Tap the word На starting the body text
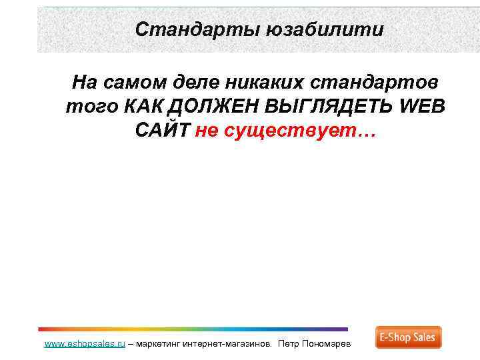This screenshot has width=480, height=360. (x=84, y=83)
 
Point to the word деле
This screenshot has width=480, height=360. (x=193, y=83)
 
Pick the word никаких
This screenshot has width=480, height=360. (x=261, y=83)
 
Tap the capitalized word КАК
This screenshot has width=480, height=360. (x=140, y=107)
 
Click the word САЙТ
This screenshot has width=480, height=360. (x=162, y=130)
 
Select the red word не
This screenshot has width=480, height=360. (x=206, y=130)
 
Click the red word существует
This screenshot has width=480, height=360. (x=293, y=130)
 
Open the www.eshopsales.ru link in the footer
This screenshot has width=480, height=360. (x=85, y=344)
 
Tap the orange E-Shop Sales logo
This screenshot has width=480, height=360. (x=408, y=337)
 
